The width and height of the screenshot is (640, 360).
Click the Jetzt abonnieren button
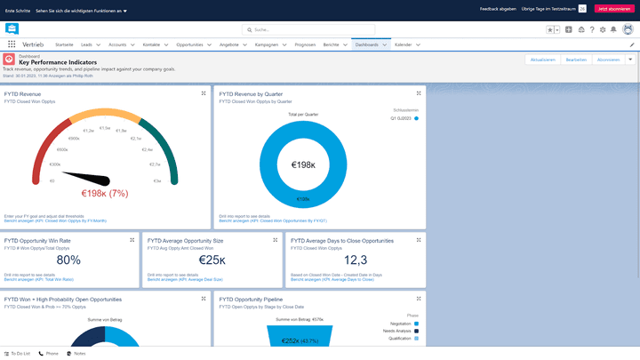(615, 8)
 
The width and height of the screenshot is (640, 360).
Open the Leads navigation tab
(86, 44)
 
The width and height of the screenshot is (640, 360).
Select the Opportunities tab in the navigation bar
(189, 44)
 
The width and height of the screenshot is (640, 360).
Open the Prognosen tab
(304, 44)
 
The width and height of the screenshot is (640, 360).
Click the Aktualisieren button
(542, 60)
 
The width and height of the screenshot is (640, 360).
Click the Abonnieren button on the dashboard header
(608, 60)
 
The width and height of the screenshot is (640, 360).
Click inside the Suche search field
(320, 29)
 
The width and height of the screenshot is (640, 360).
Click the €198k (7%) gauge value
(105, 193)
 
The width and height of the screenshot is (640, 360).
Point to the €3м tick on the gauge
(157, 180)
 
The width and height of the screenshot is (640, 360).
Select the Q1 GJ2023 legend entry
(401, 117)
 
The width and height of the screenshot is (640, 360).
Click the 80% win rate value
(68, 260)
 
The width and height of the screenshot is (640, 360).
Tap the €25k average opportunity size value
(212, 260)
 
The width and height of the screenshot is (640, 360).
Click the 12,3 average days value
(355, 260)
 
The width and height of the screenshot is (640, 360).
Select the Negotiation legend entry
(401, 324)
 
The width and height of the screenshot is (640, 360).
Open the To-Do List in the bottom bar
(18, 353)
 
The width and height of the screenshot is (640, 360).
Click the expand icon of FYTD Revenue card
(204, 92)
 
